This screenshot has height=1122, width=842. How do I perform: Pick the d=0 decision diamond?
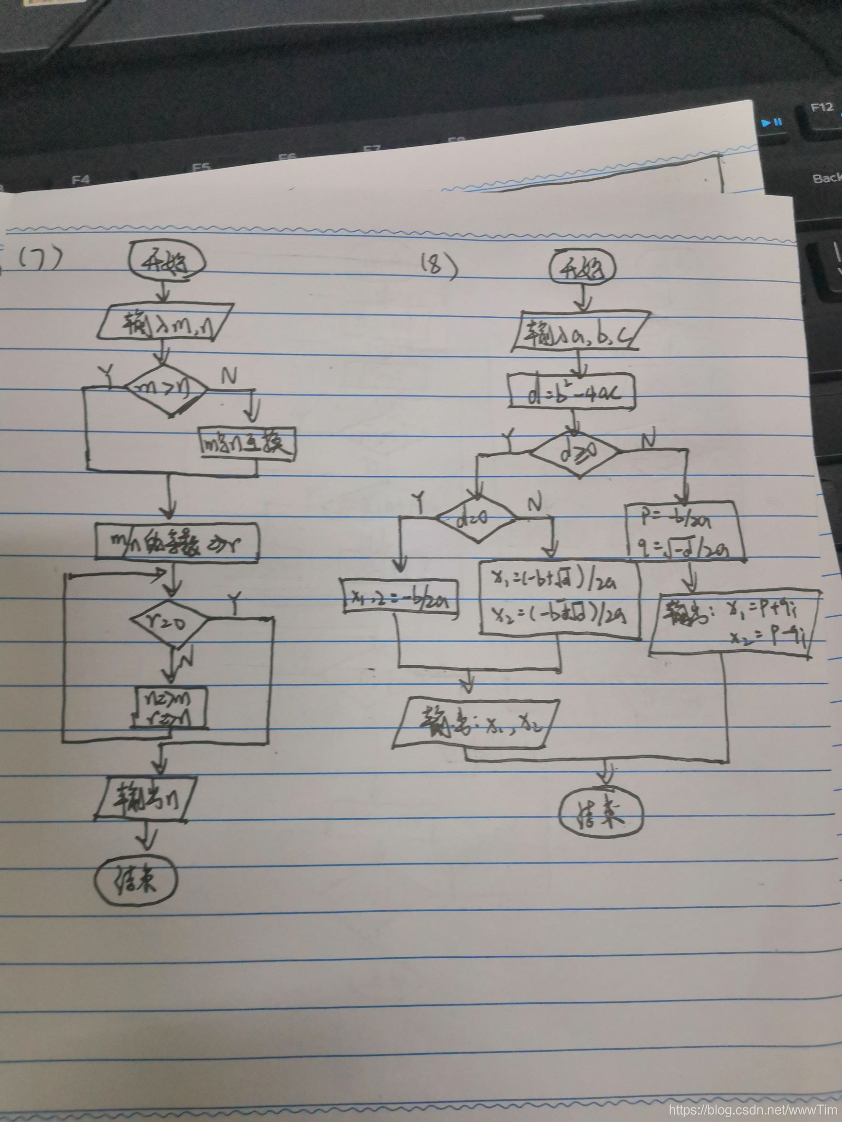pos(475,519)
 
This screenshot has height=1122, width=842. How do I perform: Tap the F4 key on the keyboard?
pos(80,180)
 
